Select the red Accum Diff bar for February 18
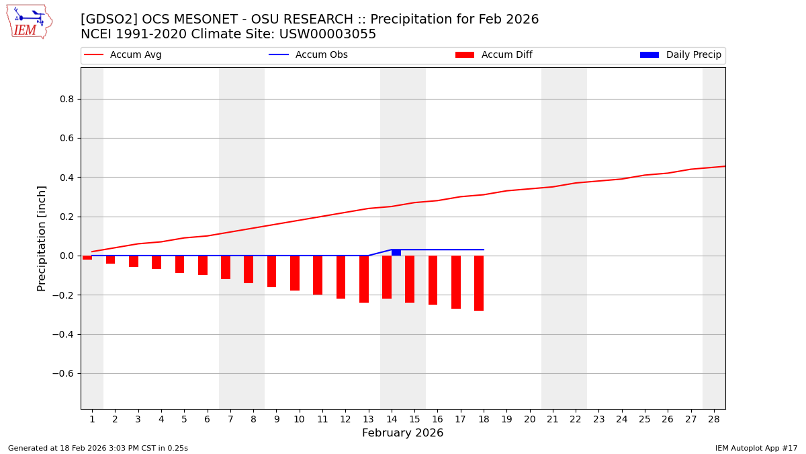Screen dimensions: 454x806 click(479, 283)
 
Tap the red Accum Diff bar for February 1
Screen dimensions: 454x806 click(87, 258)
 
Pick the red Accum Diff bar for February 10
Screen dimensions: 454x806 click(295, 273)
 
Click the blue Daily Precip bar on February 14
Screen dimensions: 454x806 click(396, 253)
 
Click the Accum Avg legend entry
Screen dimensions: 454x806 click(124, 55)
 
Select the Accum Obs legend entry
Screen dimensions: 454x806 click(309, 55)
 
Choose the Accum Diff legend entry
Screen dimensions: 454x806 click(494, 55)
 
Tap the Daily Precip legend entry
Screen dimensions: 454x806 click(681, 55)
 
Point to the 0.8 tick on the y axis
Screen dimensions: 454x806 click(66, 99)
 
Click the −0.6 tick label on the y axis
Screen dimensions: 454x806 click(64, 373)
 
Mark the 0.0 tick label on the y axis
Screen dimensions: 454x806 click(66, 256)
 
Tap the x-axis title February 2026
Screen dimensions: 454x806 click(402, 433)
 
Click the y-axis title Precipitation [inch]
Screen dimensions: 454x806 click(42, 238)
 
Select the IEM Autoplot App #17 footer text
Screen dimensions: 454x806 click(756, 448)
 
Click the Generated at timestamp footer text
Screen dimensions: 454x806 click(98, 448)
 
